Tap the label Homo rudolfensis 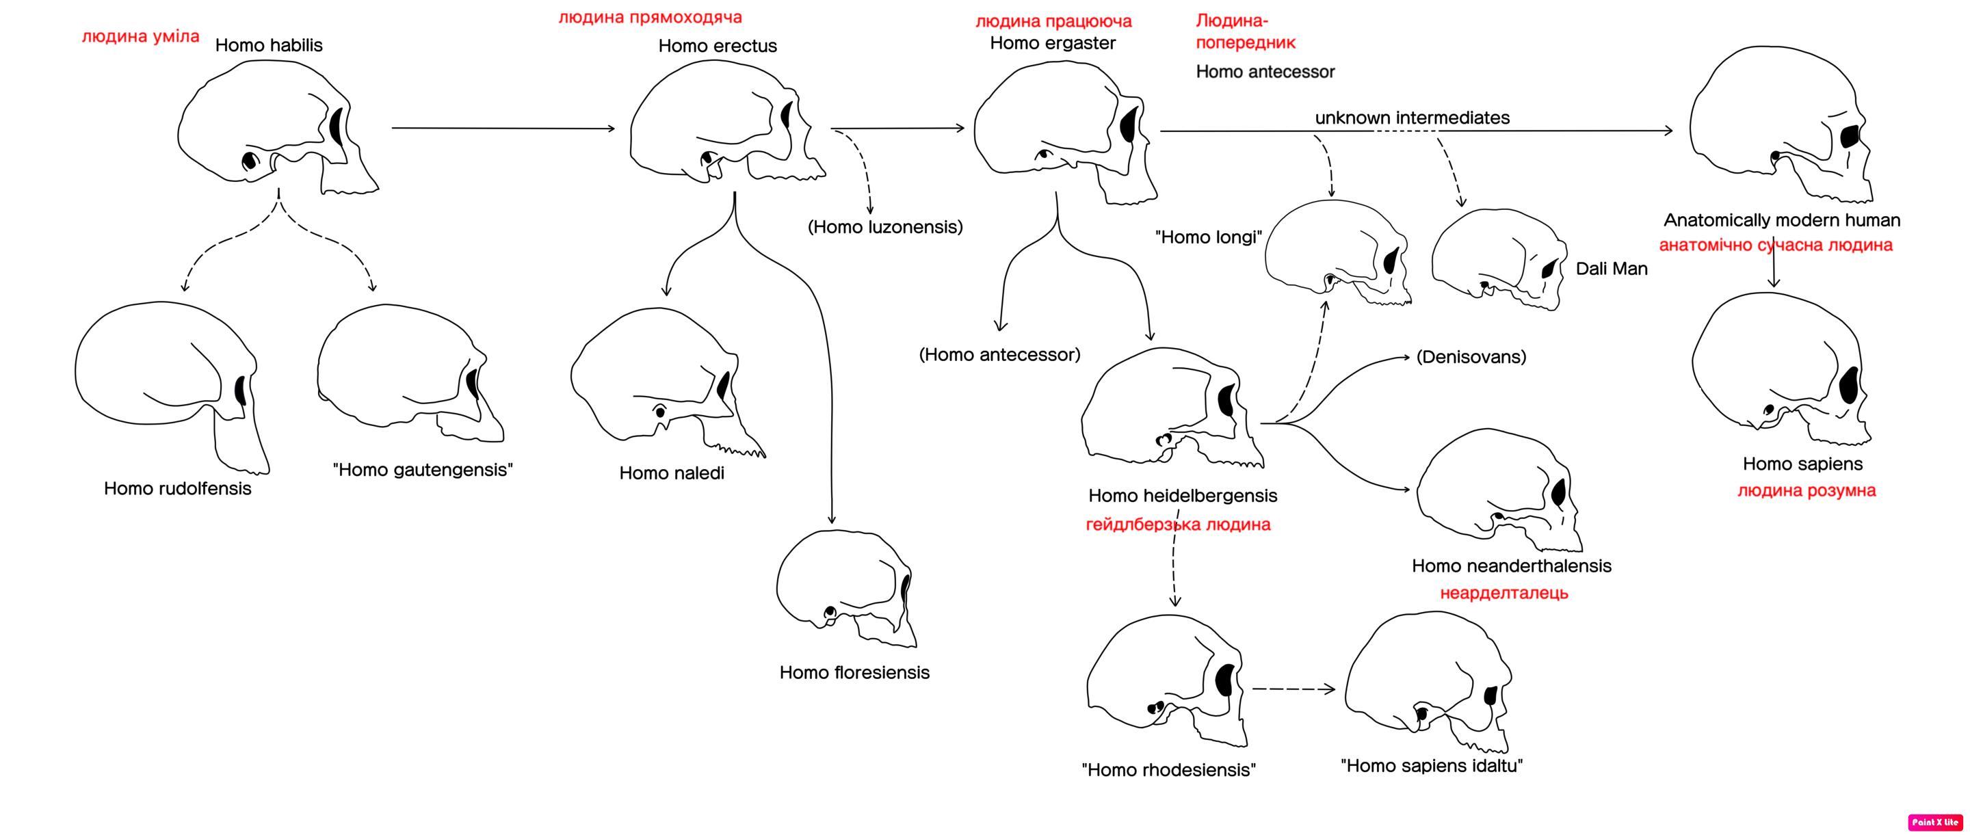(x=177, y=488)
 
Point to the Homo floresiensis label (x=854, y=673)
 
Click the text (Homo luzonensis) (x=885, y=227)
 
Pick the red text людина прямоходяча (x=649, y=17)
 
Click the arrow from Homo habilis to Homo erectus (x=503, y=129)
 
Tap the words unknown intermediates (x=1412, y=118)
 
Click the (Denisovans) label (x=1471, y=357)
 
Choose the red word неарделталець (x=1503, y=593)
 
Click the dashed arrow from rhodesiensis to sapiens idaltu (x=1292, y=689)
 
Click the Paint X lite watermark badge (x=1935, y=823)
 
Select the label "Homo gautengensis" (x=422, y=470)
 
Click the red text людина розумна (x=1807, y=491)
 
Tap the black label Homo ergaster (x=1052, y=44)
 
